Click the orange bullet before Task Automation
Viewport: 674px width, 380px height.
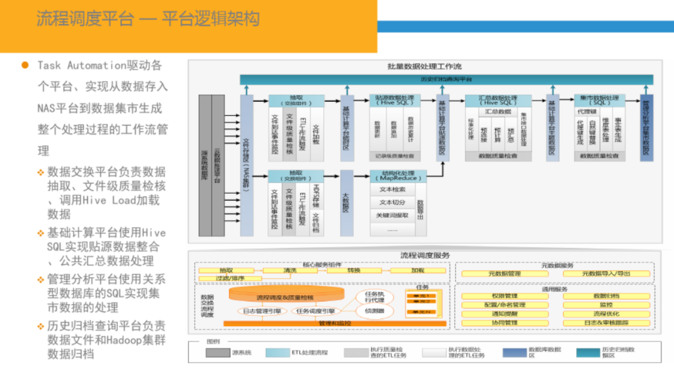pyautogui.click(x=25, y=65)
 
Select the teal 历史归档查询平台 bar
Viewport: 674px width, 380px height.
pyautogui.click(x=446, y=79)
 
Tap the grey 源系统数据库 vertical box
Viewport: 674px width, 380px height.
pyautogui.click(x=205, y=166)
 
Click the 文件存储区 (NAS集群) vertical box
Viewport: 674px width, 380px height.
pyautogui.click(x=247, y=166)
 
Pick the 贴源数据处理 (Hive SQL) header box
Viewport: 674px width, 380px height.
pyautogui.click(x=394, y=101)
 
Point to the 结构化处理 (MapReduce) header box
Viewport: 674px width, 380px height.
pyautogui.click(x=398, y=176)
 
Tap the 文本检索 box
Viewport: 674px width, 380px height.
pyautogui.click(x=393, y=189)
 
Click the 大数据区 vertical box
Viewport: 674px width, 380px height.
pyautogui.click(x=346, y=203)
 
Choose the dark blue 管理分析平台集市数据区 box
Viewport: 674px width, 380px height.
pyautogui.click(x=647, y=128)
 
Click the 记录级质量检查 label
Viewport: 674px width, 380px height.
pyautogui.click(x=394, y=156)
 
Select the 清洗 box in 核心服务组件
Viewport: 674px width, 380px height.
pyautogui.click(x=290, y=271)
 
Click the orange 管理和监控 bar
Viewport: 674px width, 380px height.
pyautogui.click(x=335, y=323)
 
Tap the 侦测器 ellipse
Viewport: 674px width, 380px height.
pyautogui.click(x=374, y=311)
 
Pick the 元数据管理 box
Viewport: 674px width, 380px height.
pyautogui.click(x=504, y=274)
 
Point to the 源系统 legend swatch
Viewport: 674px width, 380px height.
pyautogui.click(x=218, y=352)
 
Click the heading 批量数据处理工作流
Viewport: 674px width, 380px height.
pyautogui.click(x=424, y=66)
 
